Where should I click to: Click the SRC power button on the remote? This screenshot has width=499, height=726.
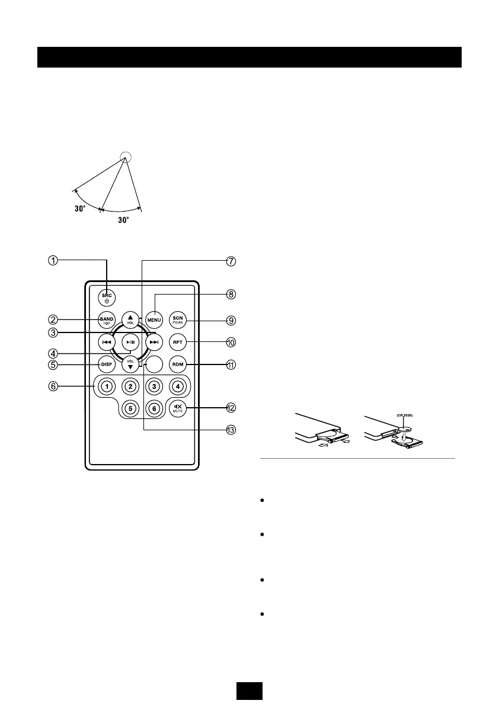(x=107, y=297)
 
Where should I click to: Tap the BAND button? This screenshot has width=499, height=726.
(x=107, y=320)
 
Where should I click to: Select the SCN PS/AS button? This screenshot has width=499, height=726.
(x=177, y=320)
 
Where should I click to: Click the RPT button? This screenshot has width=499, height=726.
(x=177, y=342)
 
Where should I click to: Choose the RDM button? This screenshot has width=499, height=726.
(x=177, y=364)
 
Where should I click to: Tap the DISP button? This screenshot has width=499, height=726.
(x=107, y=364)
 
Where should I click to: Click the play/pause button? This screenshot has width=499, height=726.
(x=130, y=342)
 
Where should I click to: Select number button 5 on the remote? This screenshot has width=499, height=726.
(x=130, y=408)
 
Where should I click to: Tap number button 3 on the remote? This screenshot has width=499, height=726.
(x=154, y=386)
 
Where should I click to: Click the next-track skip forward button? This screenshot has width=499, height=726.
(x=154, y=342)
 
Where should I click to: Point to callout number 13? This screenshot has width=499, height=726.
(x=231, y=430)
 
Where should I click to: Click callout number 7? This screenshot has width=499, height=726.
(x=231, y=261)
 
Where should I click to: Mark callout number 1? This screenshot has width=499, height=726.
(x=53, y=261)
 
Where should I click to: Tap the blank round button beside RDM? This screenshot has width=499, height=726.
(x=154, y=364)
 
